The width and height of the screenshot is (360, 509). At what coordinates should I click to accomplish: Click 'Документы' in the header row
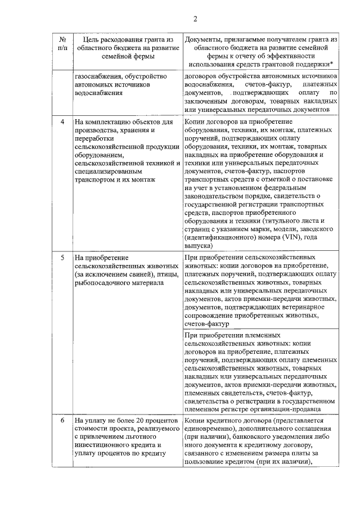coord(204,39)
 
